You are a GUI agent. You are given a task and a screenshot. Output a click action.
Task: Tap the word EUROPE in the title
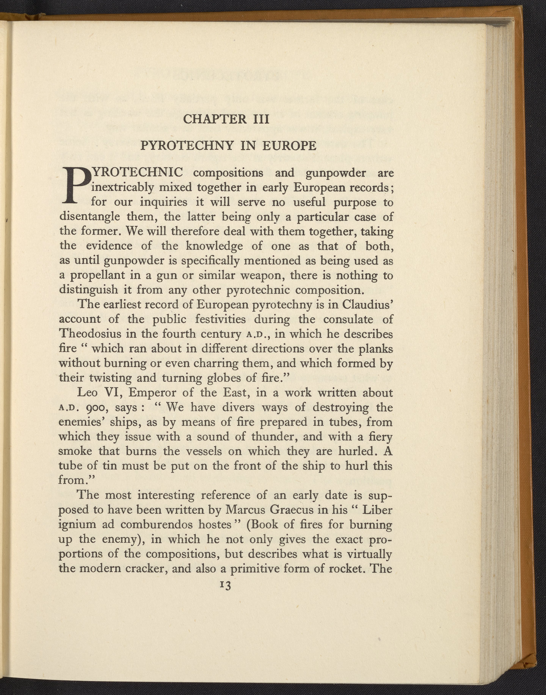[x=289, y=146]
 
